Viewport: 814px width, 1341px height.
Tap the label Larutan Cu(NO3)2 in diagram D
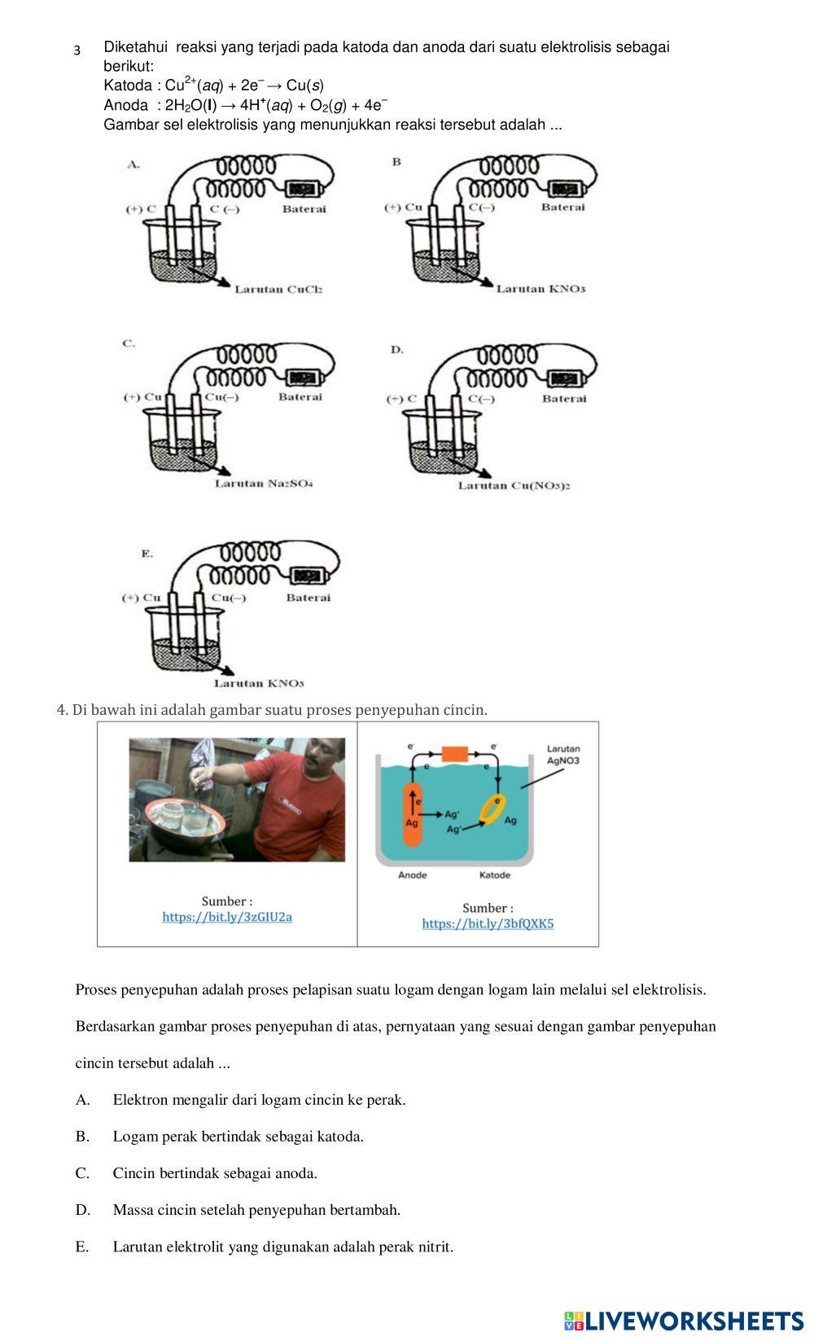(x=513, y=486)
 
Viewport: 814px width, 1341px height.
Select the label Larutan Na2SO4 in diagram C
(x=264, y=484)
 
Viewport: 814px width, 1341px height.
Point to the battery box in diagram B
(x=563, y=190)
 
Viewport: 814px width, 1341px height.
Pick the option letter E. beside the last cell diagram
(x=147, y=554)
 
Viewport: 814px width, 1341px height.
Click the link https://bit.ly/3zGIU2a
(x=227, y=917)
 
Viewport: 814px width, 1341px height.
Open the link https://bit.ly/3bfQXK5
(x=488, y=923)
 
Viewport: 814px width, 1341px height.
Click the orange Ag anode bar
(x=413, y=814)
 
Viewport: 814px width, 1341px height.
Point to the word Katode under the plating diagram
(x=494, y=875)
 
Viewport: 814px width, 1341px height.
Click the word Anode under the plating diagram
(x=412, y=875)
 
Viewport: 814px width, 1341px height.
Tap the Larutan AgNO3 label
(x=563, y=755)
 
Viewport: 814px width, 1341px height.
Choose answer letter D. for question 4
(x=83, y=1210)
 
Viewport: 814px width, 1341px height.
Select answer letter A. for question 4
(x=82, y=1100)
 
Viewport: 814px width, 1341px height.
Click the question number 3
(x=77, y=50)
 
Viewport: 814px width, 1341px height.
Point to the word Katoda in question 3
(x=127, y=85)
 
